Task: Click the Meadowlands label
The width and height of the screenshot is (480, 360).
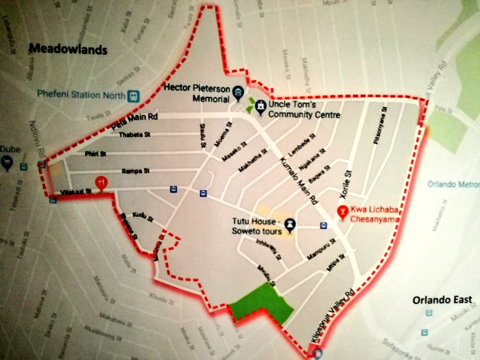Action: pyautogui.click(x=68, y=49)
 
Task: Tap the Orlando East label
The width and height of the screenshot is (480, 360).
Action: pyautogui.click(x=442, y=300)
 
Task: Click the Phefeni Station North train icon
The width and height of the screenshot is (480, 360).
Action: pyautogui.click(x=134, y=95)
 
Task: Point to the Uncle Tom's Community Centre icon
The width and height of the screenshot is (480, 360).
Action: pyautogui.click(x=260, y=107)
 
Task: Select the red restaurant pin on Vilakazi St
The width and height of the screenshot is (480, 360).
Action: pyautogui.click(x=100, y=182)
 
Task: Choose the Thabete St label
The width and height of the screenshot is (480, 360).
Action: pyautogui.click(x=135, y=135)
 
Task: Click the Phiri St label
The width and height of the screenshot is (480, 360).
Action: pyautogui.click(x=96, y=154)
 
